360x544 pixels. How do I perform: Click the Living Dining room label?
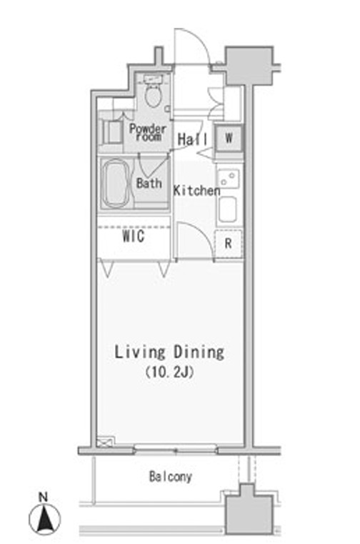click(x=169, y=352)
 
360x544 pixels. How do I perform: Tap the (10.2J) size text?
click(x=169, y=372)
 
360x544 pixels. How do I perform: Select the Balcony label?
click(x=170, y=477)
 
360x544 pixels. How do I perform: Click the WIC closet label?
click(x=134, y=237)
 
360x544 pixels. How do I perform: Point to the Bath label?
click(x=149, y=183)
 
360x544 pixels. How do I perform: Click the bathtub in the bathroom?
click(x=116, y=184)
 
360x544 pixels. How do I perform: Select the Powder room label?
click(x=148, y=132)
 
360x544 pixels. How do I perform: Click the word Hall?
click(x=192, y=139)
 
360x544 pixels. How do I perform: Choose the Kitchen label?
click(x=196, y=190)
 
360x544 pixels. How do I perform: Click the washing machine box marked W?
click(x=228, y=138)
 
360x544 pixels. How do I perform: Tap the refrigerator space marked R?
click(x=228, y=244)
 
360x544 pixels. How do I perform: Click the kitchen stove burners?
click(x=228, y=178)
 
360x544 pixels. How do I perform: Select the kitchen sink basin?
click(x=228, y=209)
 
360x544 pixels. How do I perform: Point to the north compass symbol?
click(x=44, y=519)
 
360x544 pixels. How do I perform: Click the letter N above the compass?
click(x=43, y=497)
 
